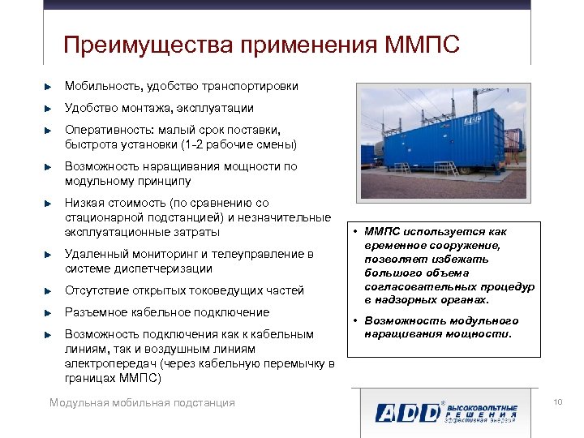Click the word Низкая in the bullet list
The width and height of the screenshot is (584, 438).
pos(84,203)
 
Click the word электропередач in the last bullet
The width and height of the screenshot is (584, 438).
pos(109,363)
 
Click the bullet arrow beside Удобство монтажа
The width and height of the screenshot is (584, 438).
pos(49,108)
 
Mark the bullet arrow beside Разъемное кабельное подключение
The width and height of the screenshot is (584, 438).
pos(49,312)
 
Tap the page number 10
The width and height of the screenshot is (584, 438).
pos(557,402)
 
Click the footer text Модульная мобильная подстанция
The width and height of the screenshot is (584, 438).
pos(142,403)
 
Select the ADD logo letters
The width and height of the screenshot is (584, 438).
pos(406,411)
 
